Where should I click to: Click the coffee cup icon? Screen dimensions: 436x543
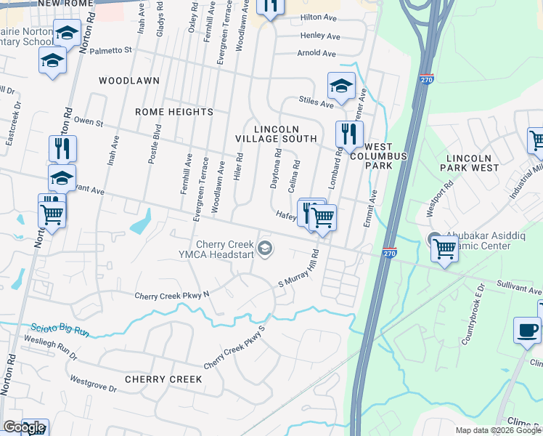pos(526,331)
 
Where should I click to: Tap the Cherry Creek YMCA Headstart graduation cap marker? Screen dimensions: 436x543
pos(266,249)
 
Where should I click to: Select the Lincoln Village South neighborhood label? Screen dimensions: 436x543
pos(276,134)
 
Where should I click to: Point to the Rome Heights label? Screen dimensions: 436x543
pos(174,112)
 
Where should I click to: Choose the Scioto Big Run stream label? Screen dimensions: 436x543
pos(60,331)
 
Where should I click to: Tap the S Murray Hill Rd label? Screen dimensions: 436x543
pos(300,269)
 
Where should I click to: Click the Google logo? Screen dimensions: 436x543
pos(24,428)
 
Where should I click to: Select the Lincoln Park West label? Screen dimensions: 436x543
pos(473,163)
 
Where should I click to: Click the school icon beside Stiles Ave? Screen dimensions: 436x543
pos(340,86)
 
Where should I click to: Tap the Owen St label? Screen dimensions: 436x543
pos(89,121)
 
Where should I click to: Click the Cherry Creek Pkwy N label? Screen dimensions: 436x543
pos(171,295)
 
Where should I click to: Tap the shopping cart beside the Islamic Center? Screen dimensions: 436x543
pos(444,249)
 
